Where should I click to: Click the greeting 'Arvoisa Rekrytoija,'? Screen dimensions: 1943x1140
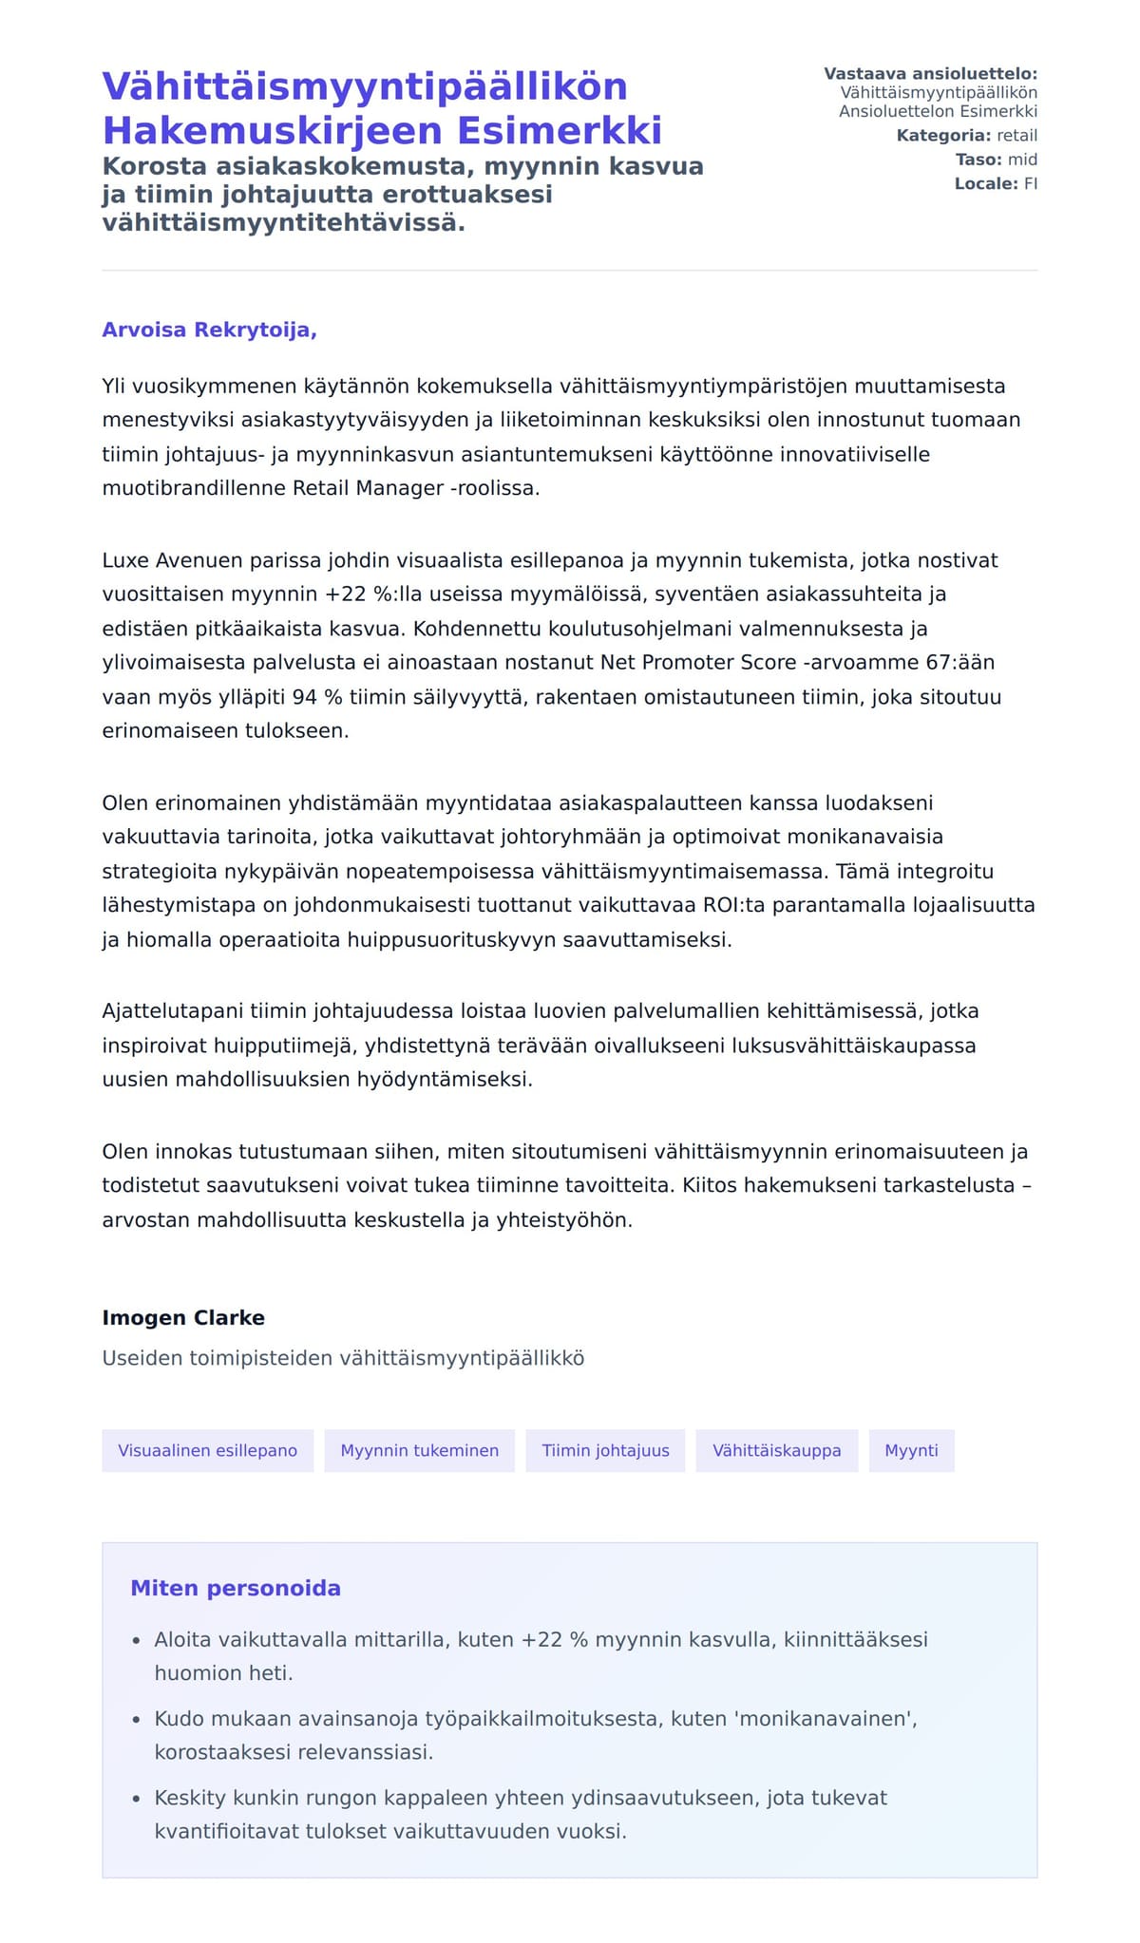click(209, 330)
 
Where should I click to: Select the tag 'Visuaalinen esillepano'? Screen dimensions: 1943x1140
click(207, 1450)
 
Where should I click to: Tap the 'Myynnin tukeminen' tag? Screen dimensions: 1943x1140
click(419, 1450)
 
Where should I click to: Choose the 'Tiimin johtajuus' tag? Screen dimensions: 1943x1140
click(605, 1450)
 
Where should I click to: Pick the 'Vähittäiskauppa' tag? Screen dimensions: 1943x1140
click(776, 1450)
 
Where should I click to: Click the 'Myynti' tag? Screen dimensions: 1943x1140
click(911, 1450)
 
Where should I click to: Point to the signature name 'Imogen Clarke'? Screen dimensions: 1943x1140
click(183, 1317)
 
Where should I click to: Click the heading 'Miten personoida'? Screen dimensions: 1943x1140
click(236, 1588)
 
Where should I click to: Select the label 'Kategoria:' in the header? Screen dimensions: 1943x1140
click(943, 136)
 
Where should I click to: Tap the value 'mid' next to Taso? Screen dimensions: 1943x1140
click(1022, 160)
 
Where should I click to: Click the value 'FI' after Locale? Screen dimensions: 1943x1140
click(1030, 183)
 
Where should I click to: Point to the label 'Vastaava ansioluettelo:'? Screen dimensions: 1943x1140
click(930, 74)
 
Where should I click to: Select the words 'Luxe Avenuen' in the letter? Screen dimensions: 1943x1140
click(172, 560)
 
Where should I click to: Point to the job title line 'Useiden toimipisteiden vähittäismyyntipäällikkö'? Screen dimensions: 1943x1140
click(343, 1358)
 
